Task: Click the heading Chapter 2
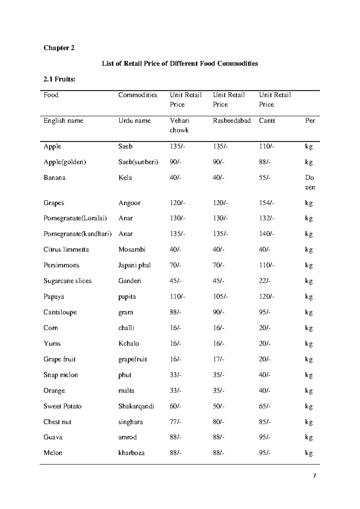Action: click(59, 48)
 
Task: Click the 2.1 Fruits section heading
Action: click(59, 79)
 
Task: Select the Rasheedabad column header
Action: click(232, 121)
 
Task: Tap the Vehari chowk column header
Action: click(179, 125)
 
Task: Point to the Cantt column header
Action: click(267, 121)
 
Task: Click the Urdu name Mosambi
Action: click(132, 249)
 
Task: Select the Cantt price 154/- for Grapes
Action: click(266, 203)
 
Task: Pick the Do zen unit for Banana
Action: click(310, 182)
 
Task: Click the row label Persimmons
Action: click(61, 265)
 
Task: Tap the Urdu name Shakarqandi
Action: click(136, 406)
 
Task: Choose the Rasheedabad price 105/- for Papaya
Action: click(220, 297)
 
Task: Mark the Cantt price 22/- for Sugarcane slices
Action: click(265, 281)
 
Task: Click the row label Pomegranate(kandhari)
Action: click(77, 234)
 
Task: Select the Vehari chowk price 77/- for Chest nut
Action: click(175, 422)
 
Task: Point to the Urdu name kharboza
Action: click(131, 453)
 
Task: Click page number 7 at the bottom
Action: click(314, 476)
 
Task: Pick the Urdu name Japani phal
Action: click(134, 265)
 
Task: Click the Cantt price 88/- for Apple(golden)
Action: click(265, 162)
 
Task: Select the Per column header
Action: click(310, 121)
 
